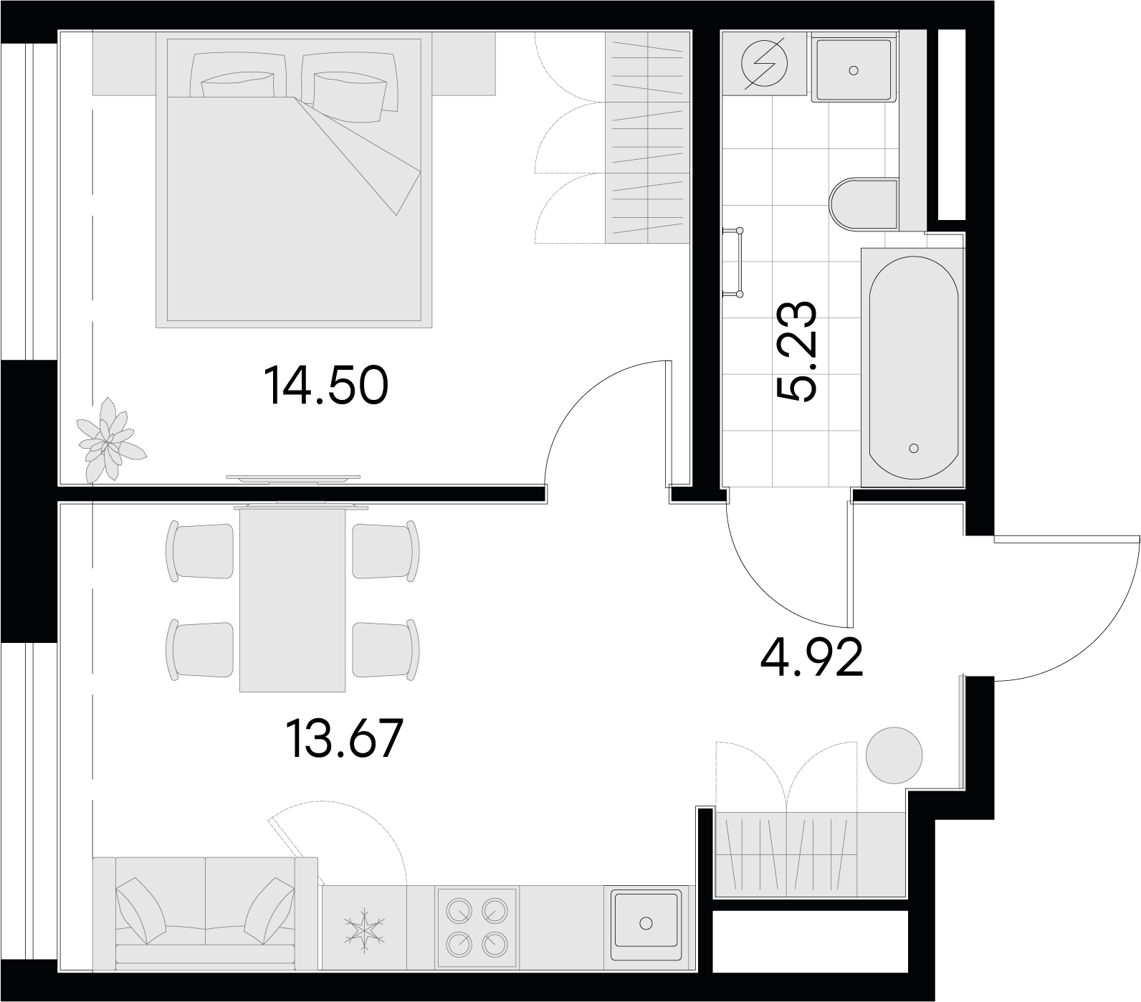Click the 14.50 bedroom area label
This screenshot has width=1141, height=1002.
326,385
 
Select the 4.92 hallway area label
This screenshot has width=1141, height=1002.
811,657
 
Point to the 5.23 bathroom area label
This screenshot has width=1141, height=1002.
796,351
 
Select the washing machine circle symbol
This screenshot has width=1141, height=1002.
764,63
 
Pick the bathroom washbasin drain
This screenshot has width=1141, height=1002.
853,70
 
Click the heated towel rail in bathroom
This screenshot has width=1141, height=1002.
736,262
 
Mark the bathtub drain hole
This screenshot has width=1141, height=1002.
913,448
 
